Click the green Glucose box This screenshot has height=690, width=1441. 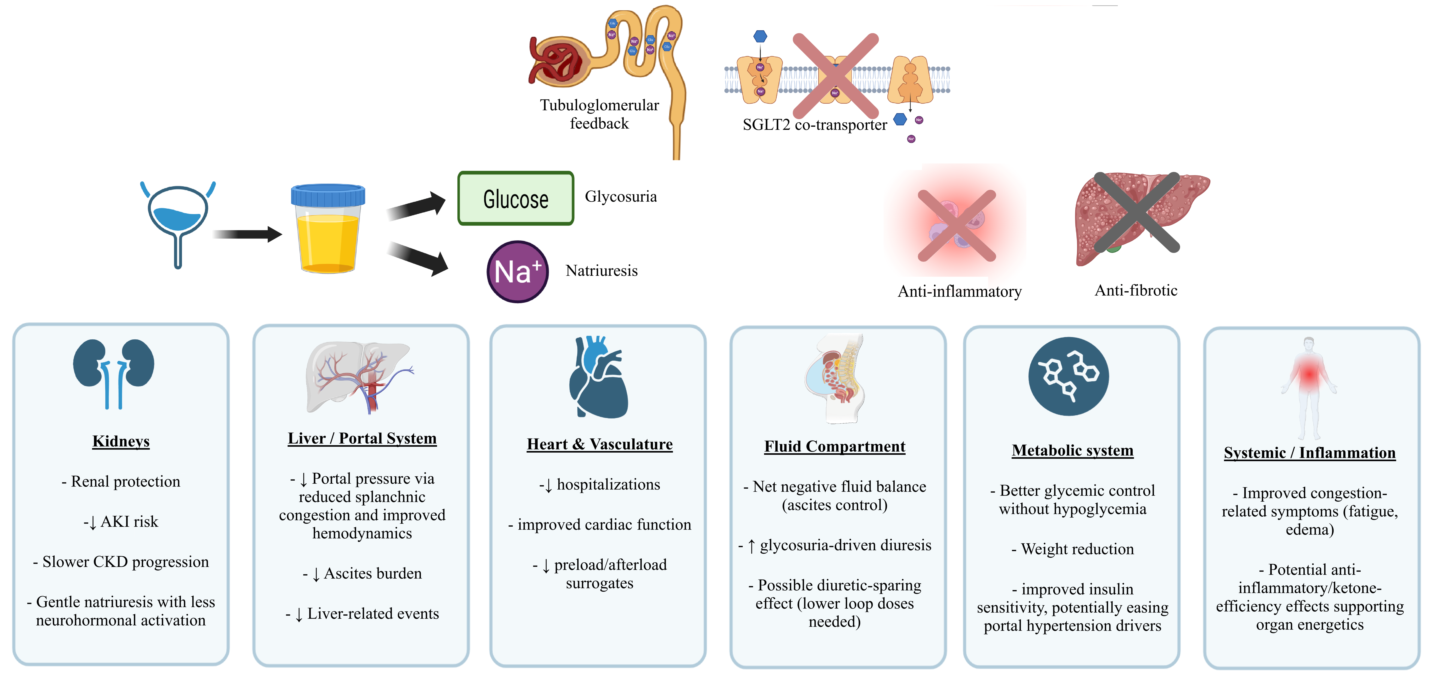(x=515, y=198)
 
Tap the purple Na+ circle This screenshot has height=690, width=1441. (x=518, y=272)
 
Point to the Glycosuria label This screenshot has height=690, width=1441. (x=620, y=197)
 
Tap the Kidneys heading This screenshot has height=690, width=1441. (x=121, y=441)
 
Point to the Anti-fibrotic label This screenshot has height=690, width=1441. (x=1136, y=290)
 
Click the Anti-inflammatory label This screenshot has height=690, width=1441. (x=959, y=291)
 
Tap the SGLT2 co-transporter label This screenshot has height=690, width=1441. (x=814, y=125)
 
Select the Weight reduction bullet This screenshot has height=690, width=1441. (x=1072, y=549)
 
